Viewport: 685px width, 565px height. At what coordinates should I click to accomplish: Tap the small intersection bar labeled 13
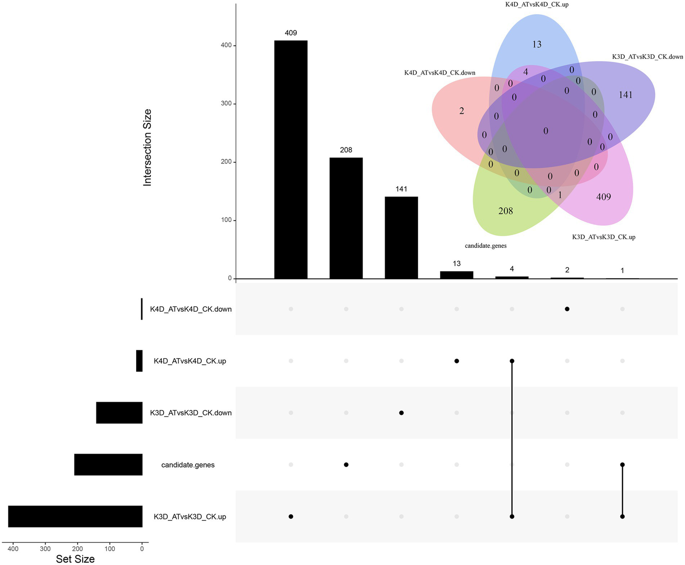(x=457, y=275)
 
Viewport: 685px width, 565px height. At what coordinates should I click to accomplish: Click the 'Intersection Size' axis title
(x=147, y=147)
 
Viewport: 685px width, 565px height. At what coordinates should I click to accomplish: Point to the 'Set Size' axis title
(x=75, y=559)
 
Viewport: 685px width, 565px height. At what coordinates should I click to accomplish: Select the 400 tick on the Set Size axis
(x=13, y=548)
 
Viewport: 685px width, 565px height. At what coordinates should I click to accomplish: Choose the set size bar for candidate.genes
(x=108, y=465)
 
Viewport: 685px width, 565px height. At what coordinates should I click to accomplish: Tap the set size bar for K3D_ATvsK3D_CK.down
(x=119, y=413)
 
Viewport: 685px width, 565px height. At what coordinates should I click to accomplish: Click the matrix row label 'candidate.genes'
(x=188, y=465)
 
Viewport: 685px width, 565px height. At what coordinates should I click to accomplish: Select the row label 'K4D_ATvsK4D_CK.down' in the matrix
(x=191, y=309)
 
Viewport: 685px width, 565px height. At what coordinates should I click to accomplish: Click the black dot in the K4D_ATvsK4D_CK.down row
(x=567, y=309)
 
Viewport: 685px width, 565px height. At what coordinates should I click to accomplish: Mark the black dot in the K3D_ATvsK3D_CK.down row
(x=401, y=413)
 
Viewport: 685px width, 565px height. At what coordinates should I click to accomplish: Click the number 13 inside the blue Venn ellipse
(x=537, y=44)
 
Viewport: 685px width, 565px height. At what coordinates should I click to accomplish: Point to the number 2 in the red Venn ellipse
(x=461, y=111)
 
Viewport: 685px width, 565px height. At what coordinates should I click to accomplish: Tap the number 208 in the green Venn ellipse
(x=506, y=211)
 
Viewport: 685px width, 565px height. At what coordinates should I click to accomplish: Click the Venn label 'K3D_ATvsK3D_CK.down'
(x=648, y=57)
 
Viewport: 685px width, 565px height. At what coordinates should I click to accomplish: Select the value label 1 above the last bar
(x=622, y=270)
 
